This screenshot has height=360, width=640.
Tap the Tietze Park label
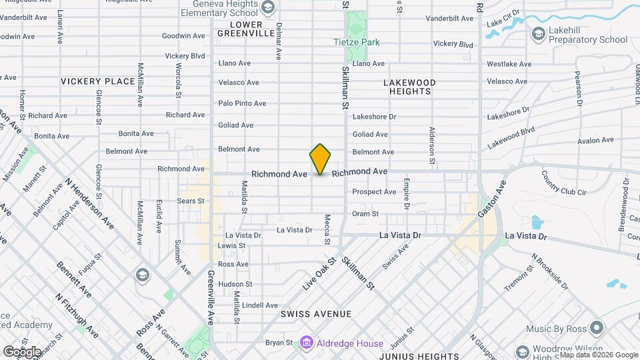click(357, 42)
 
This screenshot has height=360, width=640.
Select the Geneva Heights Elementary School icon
click(268, 7)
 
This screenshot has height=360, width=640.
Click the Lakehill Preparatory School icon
click(538, 33)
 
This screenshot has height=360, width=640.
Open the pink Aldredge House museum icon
click(306, 343)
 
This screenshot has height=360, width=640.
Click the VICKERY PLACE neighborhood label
click(98, 81)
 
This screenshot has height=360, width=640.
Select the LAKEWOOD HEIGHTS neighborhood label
click(410, 87)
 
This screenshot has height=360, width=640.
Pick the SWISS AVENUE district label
click(315, 313)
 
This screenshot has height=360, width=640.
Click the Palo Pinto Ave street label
click(242, 103)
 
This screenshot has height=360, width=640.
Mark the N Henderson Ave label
click(89, 204)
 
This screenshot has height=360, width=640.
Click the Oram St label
click(365, 214)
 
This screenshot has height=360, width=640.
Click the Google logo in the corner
click(22, 351)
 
